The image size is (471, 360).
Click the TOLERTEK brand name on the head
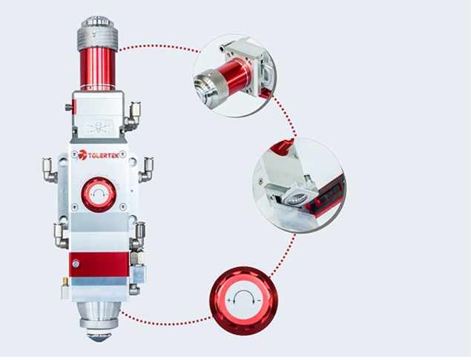103,155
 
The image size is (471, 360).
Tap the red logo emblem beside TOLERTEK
82,155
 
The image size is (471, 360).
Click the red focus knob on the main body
99,194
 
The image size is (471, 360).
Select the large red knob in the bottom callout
243,301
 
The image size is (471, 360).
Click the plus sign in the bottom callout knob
229,301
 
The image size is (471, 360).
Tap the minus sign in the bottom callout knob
259,301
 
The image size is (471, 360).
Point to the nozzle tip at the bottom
99,337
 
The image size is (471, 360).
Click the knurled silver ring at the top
97,39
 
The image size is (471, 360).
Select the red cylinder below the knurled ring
98,70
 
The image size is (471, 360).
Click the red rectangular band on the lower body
99,264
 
